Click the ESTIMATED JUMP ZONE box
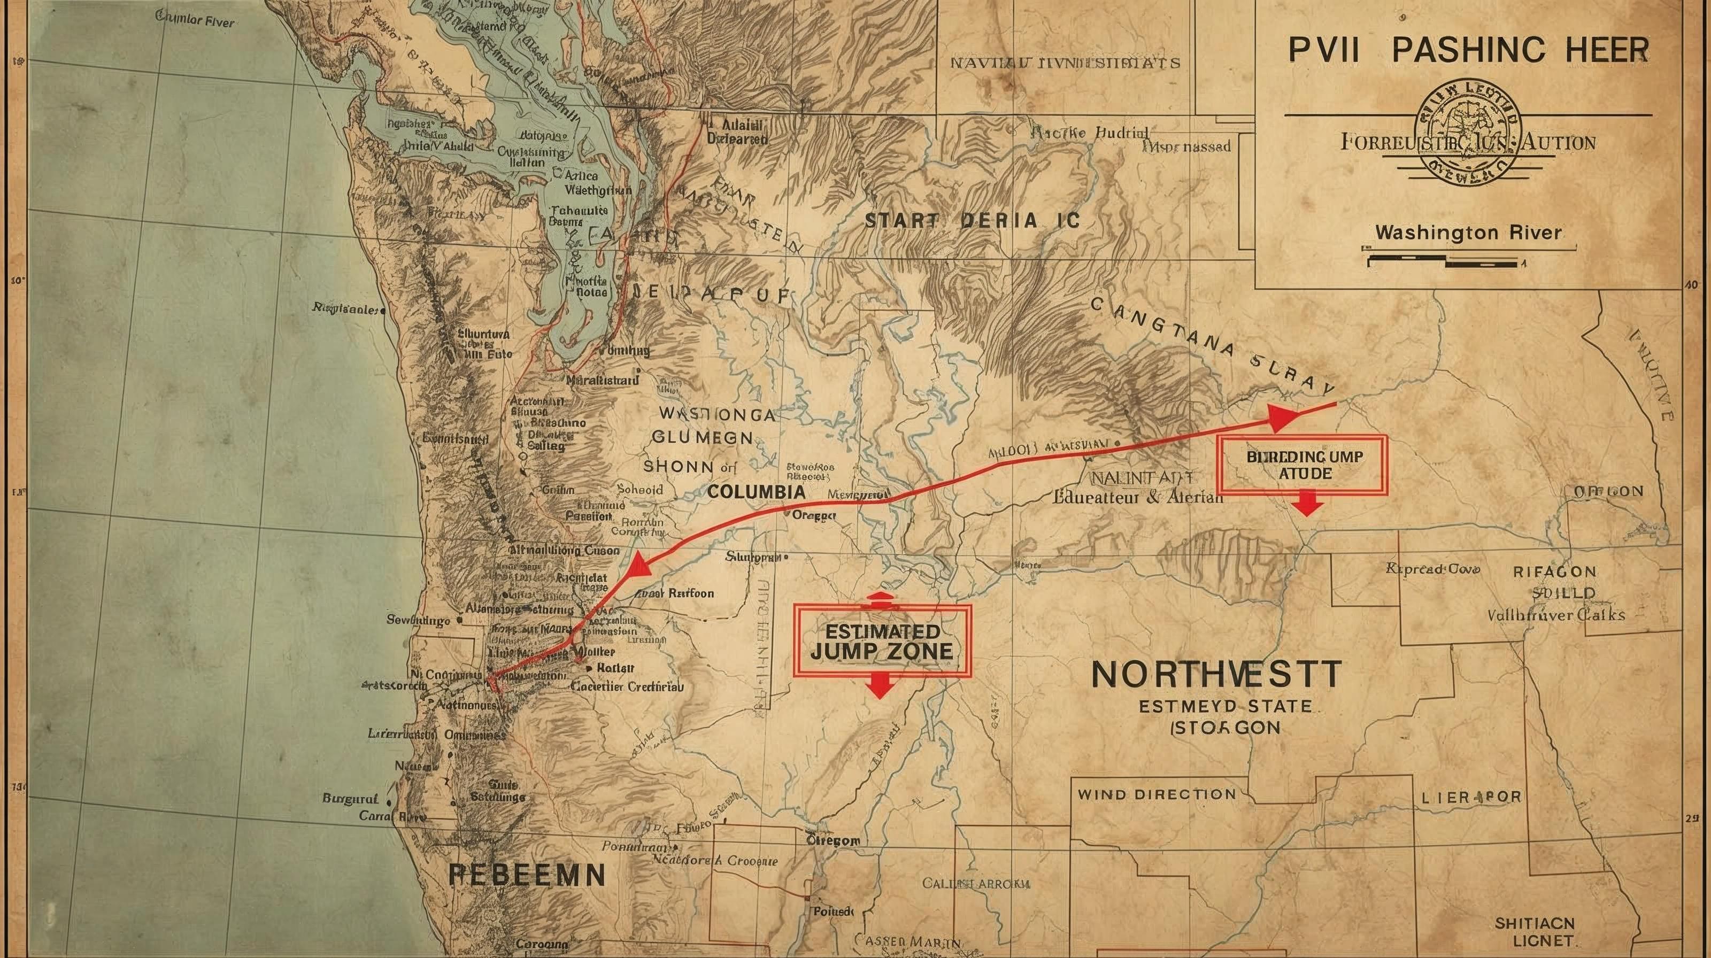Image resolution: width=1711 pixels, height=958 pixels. coord(882,640)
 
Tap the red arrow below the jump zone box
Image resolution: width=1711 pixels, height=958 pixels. coord(880,683)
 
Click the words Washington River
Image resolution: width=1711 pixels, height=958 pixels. coord(1468,233)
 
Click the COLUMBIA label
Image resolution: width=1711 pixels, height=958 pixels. coord(756,492)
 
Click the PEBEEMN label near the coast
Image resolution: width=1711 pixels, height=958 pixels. coord(527,875)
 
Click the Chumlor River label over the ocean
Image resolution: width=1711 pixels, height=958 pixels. coord(195,20)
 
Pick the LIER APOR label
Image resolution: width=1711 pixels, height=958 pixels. coord(1470,797)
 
